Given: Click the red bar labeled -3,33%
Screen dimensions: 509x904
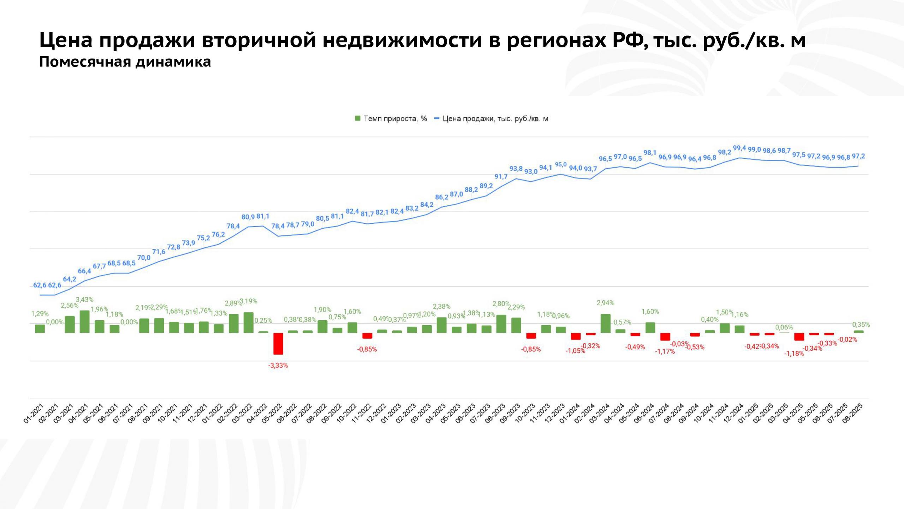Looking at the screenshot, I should pyautogui.click(x=278, y=344).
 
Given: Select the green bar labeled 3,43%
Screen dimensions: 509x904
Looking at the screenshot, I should pyautogui.click(x=84, y=322).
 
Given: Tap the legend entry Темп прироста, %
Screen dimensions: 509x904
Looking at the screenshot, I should pyautogui.click(x=391, y=119).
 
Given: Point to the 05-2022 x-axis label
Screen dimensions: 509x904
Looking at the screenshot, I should pyautogui.click(x=272, y=414).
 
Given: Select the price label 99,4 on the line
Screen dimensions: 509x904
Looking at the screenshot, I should pyautogui.click(x=739, y=148).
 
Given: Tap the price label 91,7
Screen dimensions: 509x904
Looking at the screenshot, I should pyautogui.click(x=501, y=176).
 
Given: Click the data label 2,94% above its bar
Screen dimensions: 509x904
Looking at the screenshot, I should pyautogui.click(x=605, y=303).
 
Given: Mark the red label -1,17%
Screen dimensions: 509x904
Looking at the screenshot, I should pyautogui.click(x=665, y=351).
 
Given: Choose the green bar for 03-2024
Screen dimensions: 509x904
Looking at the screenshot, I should pyautogui.click(x=605, y=323).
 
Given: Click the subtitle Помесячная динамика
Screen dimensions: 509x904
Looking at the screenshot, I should pyautogui.click(x=125, y=62).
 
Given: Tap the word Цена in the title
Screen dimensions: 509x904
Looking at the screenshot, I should pyautogui.click(x=66, y=40).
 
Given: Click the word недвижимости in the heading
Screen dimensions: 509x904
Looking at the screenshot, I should pyautogui.click(x=402, y=40).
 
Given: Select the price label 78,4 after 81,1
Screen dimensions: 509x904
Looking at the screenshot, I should pyautogui.click(x=278, y=226).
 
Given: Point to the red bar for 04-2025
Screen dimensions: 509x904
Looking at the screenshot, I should pyautogui.click(x=799, y=337).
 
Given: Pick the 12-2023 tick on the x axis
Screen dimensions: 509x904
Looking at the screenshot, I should pyautogui.click(x=556, y=414).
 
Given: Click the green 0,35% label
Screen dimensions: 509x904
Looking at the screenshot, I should pyautogui.click(x=861, y=324).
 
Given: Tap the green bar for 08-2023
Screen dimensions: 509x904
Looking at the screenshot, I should pyautogui.click(x=501, y=324).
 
